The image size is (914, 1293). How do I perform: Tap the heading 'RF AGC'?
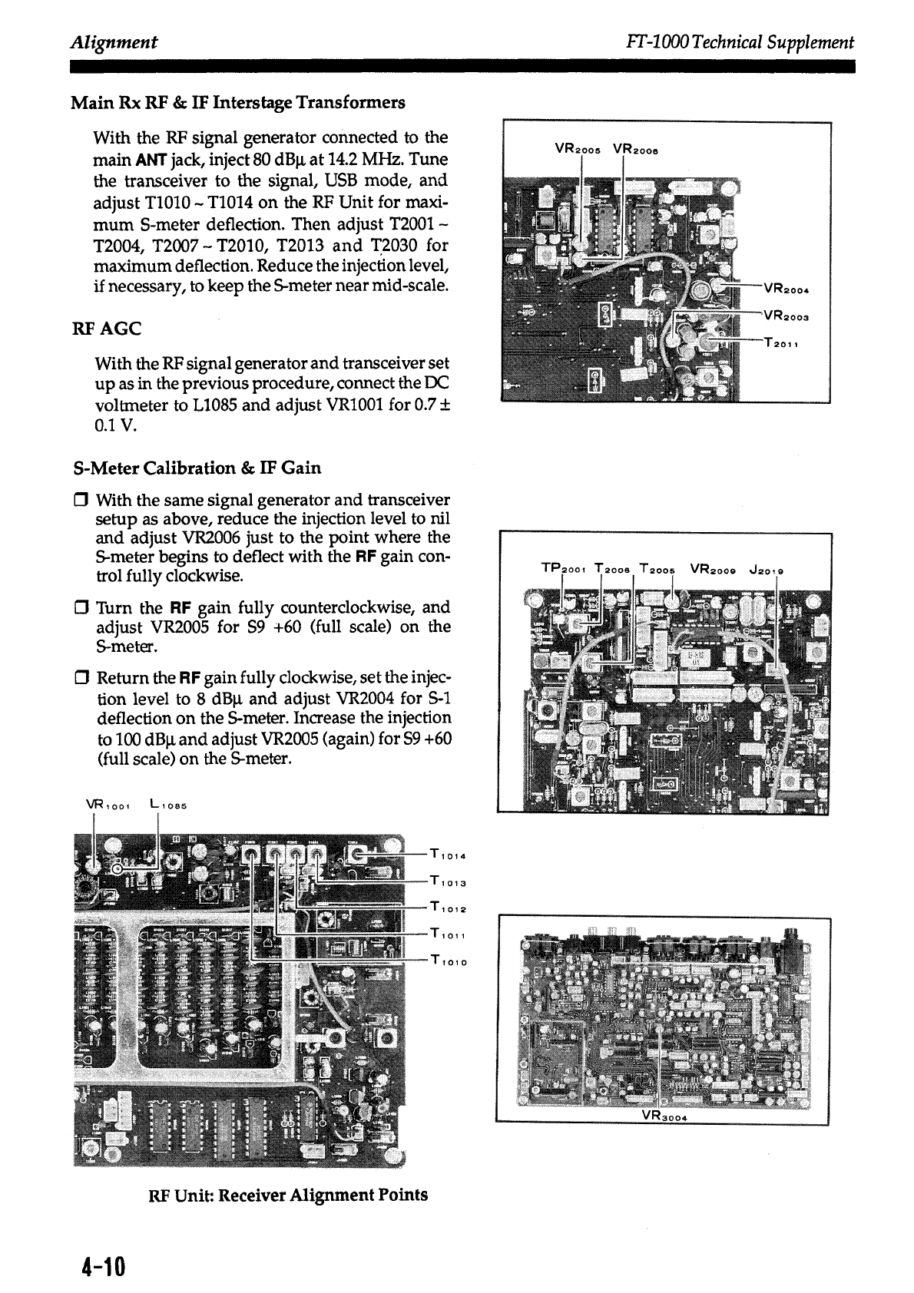click(106, 329)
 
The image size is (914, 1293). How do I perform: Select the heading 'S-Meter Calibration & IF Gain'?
click(197, 468)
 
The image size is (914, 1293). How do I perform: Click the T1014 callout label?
click(450, 856)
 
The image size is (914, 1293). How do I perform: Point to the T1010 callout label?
click(450, 960)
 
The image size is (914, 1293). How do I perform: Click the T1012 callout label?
click(450, 908)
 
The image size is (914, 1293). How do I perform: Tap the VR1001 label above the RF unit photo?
click(111, 805)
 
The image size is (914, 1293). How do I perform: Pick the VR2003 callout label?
click(787, 316)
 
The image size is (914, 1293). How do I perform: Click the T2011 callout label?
click(783, 342)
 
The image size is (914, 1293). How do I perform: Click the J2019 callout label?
click(767, 570)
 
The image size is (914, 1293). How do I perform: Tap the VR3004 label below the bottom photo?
click(662, 1117)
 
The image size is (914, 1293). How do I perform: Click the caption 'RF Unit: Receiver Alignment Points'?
click(288, 1195)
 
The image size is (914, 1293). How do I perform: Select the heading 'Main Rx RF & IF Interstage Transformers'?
click(238, 102)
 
